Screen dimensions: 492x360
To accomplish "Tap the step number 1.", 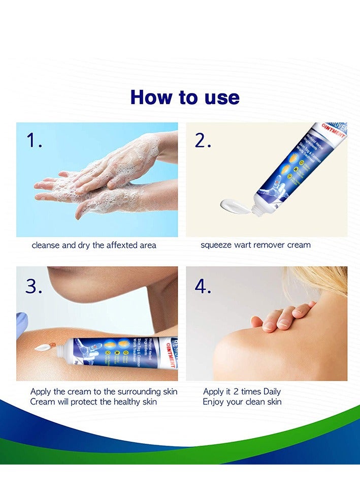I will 35,141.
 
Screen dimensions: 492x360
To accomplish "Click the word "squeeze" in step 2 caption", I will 217,245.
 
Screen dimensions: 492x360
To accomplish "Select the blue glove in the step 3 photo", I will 21,325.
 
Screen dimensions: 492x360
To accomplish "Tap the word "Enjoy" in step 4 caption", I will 214,402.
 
